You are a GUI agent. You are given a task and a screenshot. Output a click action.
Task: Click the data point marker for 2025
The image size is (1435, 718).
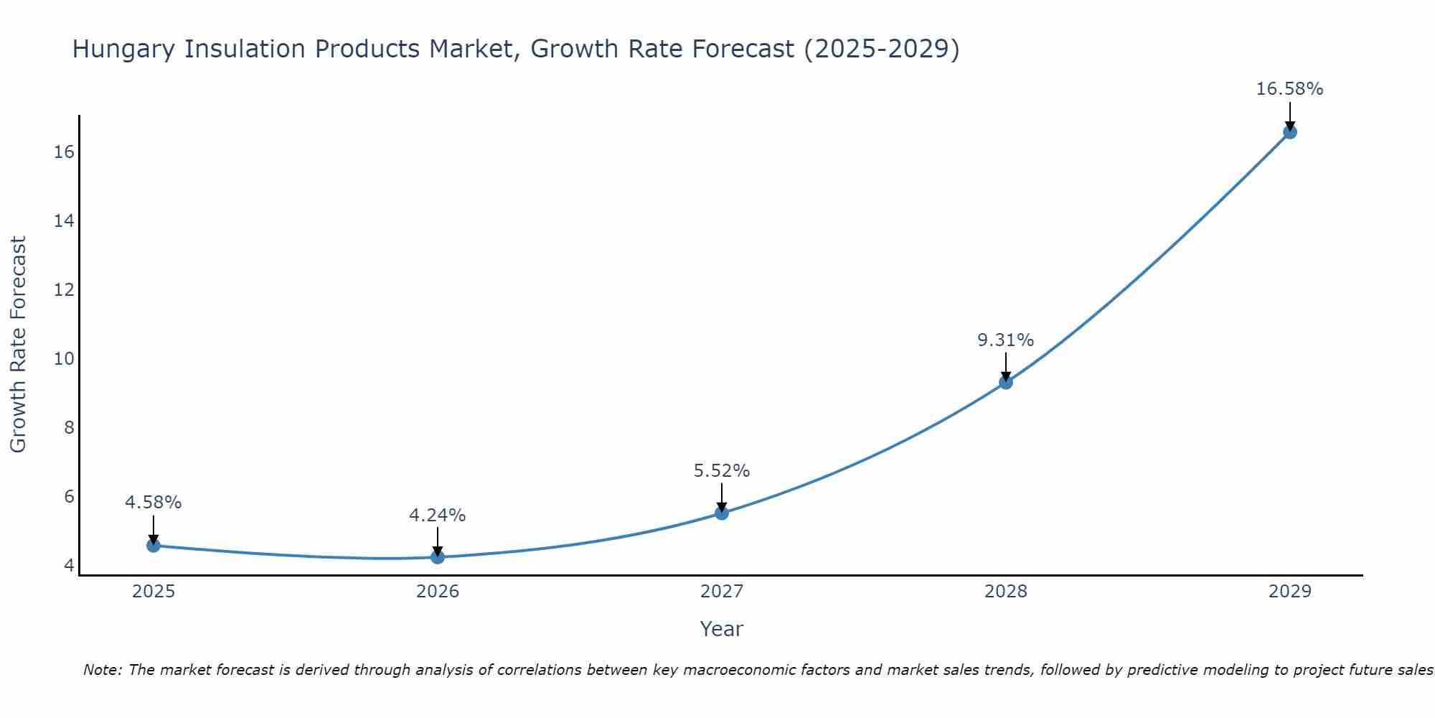(x=154, y=546)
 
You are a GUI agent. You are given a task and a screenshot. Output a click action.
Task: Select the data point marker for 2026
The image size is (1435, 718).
(x=438, y=557)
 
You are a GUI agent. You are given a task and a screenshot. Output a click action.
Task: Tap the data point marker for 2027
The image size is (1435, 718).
(x=722, y=513)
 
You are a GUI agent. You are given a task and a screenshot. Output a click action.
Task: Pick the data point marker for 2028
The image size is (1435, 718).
(x=1006, y=383)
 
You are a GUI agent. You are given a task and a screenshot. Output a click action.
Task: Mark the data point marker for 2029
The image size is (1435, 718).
(x=1290, y=132)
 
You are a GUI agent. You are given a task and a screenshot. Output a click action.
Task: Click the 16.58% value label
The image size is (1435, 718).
(x=1289, y=89)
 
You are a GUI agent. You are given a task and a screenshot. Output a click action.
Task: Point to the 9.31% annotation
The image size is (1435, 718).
(x=1005, y=340)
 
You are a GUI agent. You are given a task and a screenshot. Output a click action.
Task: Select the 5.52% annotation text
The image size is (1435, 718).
(x=721, y=471)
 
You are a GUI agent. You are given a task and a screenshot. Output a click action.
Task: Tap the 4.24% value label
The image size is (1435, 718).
(x=437, y=516)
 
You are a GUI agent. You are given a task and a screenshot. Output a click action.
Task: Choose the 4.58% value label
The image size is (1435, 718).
(x=153, y=503)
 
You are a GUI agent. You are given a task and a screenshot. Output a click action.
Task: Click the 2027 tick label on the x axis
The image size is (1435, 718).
(x=722, y=592)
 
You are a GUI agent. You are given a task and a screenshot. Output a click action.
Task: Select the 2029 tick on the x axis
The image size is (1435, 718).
(x=1290, y=592)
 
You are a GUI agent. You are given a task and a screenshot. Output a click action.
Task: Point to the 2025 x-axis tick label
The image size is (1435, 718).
(x=154, y=592)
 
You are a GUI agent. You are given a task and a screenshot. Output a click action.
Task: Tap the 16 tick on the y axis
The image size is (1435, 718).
(x=64, y=152)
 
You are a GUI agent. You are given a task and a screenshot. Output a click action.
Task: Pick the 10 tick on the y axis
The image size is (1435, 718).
(x=64, y=359)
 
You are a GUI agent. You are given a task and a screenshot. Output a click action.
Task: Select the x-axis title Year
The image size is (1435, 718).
(x=721, y=629)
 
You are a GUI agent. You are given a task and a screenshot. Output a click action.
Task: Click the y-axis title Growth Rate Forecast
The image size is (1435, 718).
(x=18, y=345)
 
